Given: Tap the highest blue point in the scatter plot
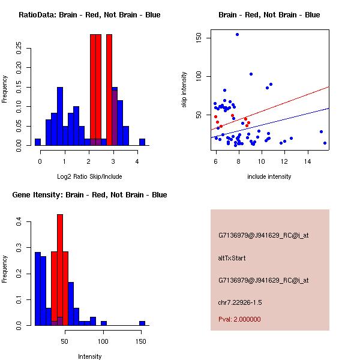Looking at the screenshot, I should (x=237, y=35).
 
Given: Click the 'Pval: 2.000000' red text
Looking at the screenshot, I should (x=239, y=319).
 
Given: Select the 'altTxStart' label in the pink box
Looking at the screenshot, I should (x=232, y=258).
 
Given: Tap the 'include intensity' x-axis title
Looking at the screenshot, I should (x=269, y=176).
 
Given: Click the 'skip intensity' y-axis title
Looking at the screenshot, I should (x=185, y=90).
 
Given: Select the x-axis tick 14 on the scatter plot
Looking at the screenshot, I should (x=308, y=161).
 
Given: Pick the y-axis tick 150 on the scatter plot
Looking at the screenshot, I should (x=199, y=38).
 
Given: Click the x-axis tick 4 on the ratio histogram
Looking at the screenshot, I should (x=137, y=161).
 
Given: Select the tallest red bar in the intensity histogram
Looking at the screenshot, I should (x=60, y=270).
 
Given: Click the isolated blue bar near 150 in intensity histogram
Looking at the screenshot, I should (x=142, y=323).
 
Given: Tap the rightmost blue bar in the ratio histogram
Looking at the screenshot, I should (x=142, y=142).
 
